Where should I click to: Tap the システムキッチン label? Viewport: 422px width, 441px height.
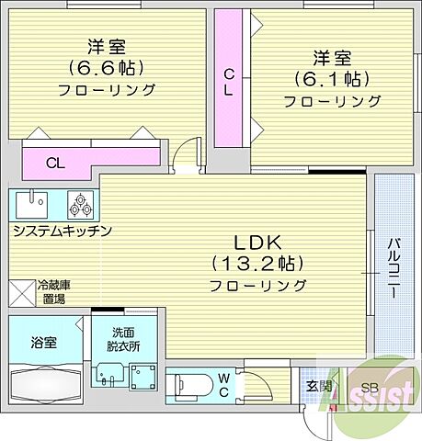click(x=62, y=231)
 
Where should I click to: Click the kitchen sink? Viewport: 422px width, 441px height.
click(x=35, y=201)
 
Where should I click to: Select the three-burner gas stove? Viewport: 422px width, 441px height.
click(x=79, y=202)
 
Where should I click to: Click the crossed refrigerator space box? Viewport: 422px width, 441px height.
click(x=21, y=292)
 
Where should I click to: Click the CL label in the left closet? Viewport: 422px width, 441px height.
click(x=55, y=164)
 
